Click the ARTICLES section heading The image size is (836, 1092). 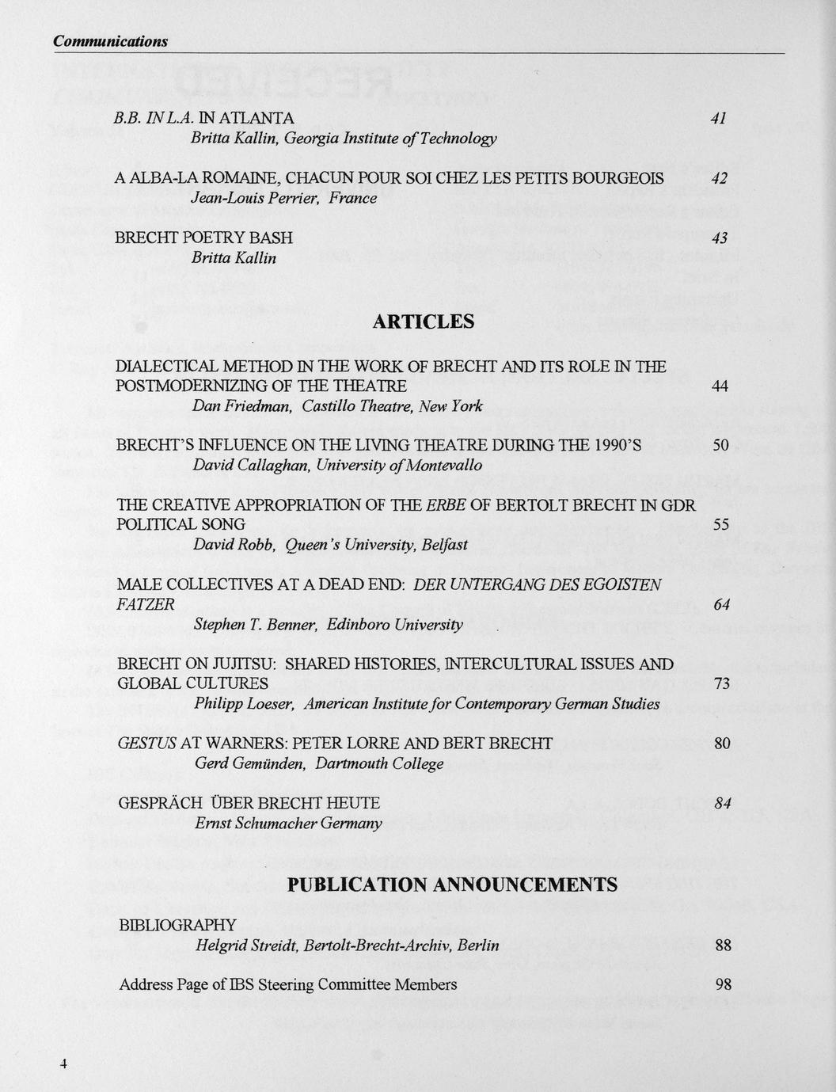point(423,322)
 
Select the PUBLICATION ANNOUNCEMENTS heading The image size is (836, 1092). point(452,885)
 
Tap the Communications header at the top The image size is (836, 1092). point(110,41)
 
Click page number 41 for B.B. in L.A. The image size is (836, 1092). point(719,119)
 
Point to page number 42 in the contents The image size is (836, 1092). point(719,178)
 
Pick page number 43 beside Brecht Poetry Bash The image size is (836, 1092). point(719,238)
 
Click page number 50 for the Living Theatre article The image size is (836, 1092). point(720,446)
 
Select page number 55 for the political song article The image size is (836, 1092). point(720,524)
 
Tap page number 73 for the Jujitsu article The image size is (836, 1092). point(721,683)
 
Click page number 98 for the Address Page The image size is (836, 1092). point(722,985)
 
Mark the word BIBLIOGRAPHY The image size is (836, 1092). point(177,925)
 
